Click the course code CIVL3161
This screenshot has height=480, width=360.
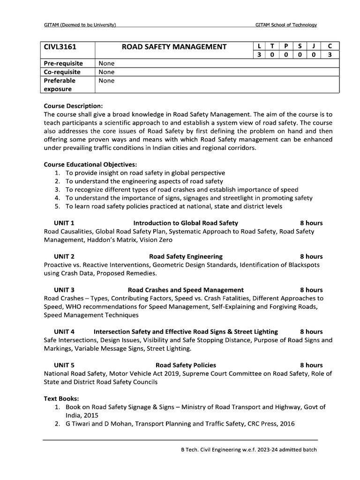click(x=60, y=47)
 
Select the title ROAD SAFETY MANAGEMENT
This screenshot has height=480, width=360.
click(x=174, y=47)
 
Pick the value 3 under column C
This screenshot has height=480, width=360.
click(x=330, y=55)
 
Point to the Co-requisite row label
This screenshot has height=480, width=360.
click(x=62, y=72)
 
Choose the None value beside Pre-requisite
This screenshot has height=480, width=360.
click(x=106, y=63)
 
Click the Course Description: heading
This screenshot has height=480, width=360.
click(x=73, y=105)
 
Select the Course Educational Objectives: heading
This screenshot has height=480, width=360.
click(x=90, y=165)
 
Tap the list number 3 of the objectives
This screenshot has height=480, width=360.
click(x=57, y=189)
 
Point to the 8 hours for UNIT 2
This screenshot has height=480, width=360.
click(x=311, y=256)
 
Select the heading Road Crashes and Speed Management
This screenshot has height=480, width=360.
click(x=186, y=290)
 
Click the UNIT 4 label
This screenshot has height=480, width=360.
click(x=64, y=331)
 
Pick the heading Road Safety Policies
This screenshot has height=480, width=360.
click(x=186, y=365)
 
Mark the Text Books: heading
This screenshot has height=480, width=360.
click(x=61, y=398)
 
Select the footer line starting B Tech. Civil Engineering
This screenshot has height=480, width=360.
click(x=249, y=450)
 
